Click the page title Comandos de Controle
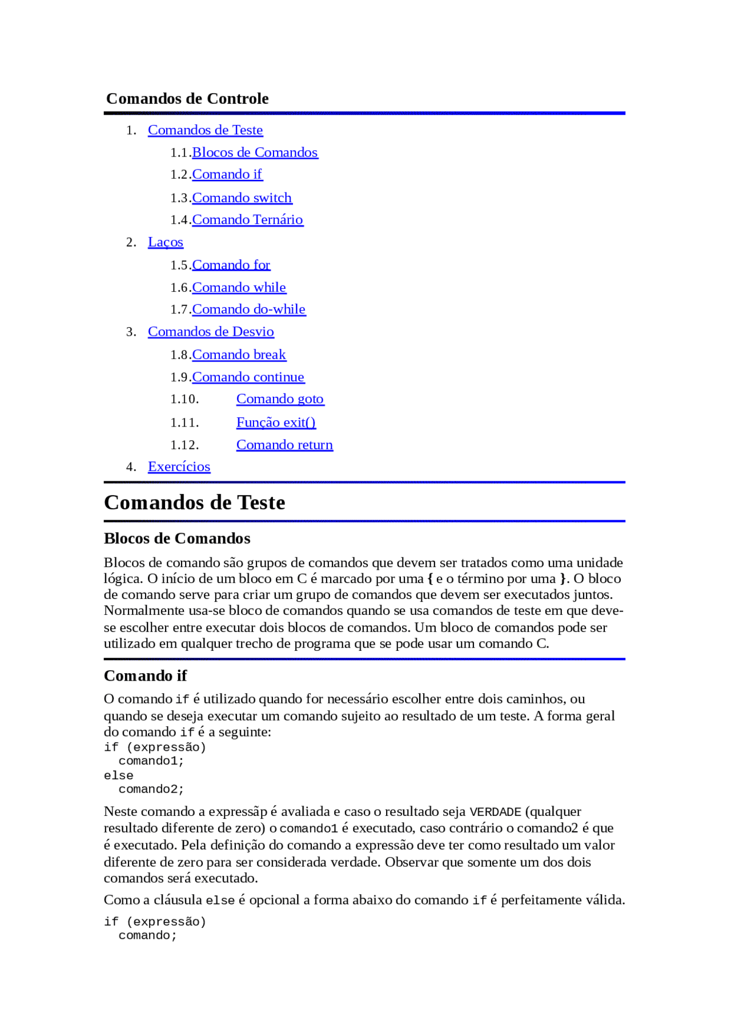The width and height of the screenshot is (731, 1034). [x=187, y=99]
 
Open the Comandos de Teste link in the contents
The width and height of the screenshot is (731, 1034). [x=205, y=130]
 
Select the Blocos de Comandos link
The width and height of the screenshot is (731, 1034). [x=255, y=152]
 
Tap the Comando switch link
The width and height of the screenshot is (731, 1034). [x=242, y=198]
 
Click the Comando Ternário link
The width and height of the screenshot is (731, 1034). [x=247, y=220]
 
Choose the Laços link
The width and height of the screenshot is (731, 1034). [x=166, y=242]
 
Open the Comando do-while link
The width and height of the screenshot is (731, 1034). [x=248, y=309]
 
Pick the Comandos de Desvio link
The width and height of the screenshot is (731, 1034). [x=211, y=332]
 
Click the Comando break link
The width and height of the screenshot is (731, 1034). [x=239, y=355]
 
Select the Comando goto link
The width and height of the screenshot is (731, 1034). [x=280, y=399]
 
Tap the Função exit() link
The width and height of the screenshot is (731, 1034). [x=276, y=423]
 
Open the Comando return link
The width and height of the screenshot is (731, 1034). [x=284, y=445]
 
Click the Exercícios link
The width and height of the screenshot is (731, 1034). [x=179, y=467]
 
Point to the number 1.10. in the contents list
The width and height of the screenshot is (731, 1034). [x=184, y=399]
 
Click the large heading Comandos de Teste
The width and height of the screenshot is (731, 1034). [x=194, y=502]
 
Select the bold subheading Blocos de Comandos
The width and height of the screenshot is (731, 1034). [x=177, y=538]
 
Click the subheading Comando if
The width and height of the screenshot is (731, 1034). [x=145, y=676]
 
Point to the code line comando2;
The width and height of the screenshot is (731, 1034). [x=151, y=790]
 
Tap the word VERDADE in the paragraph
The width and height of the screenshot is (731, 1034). [x=495, y=812]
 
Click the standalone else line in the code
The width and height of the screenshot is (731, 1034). [x=119, y=776]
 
